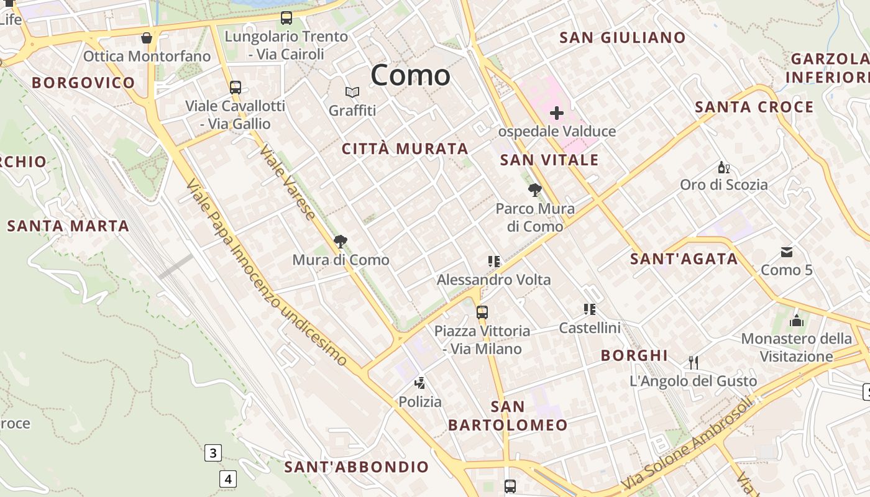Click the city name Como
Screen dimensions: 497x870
(x=410, y=75)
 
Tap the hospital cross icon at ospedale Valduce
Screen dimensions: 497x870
(x=557, y=113)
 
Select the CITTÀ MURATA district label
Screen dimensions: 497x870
(x=405, y=149)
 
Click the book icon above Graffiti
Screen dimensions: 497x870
(x=352, y=93)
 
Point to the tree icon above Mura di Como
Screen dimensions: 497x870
(x=341, y=242)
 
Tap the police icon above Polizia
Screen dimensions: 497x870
(x=420, y=383)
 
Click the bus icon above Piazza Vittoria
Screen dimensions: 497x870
(x=482, y=312)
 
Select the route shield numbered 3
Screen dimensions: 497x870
(x=213, y=453)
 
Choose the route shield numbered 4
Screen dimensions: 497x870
(x=228, y=479)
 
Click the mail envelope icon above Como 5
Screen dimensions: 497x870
(x=787, y=252)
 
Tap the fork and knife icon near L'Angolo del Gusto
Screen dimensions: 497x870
(x=694, y=362)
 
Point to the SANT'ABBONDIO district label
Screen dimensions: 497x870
(x=357, y=467)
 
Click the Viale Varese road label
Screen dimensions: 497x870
(x=288, y=183)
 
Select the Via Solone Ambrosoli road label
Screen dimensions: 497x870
(x=687, y=442)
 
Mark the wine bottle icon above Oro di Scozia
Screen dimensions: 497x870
(x=723, y=167)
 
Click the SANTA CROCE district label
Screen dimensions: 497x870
(x=754, y=107)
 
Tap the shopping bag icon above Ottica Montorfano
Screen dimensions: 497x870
(x=147, y=39)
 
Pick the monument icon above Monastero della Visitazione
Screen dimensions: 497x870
(x=797, y=321)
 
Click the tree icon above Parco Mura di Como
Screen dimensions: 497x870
(x=534, y=190)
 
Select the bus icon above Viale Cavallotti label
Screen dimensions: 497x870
(x=236, y=88)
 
